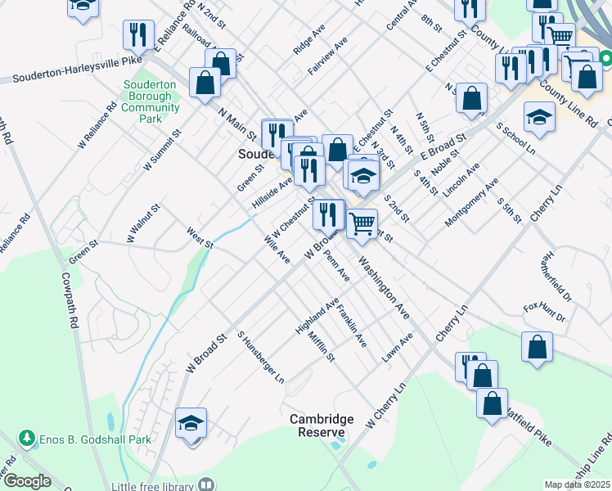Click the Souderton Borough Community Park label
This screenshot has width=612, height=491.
tap(151, 101)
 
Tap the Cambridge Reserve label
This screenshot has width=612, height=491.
tap(322, 426)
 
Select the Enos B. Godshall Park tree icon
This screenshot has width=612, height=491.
tap(27, 439)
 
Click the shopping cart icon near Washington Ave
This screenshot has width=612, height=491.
tap(362, 223)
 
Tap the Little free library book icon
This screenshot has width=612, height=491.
tap(206, 485)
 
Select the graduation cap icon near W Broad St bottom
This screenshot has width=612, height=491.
tap(191, 423)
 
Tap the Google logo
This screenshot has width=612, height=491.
tap(27, 482)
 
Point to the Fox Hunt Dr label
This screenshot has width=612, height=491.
tap(544, 313)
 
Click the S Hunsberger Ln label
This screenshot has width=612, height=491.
tap(260, 358)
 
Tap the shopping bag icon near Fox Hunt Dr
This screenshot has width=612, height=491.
tap(537, 346)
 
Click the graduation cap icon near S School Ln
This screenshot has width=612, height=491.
tap(538, 117)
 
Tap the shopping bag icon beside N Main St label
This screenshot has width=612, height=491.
tap(205, 82)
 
